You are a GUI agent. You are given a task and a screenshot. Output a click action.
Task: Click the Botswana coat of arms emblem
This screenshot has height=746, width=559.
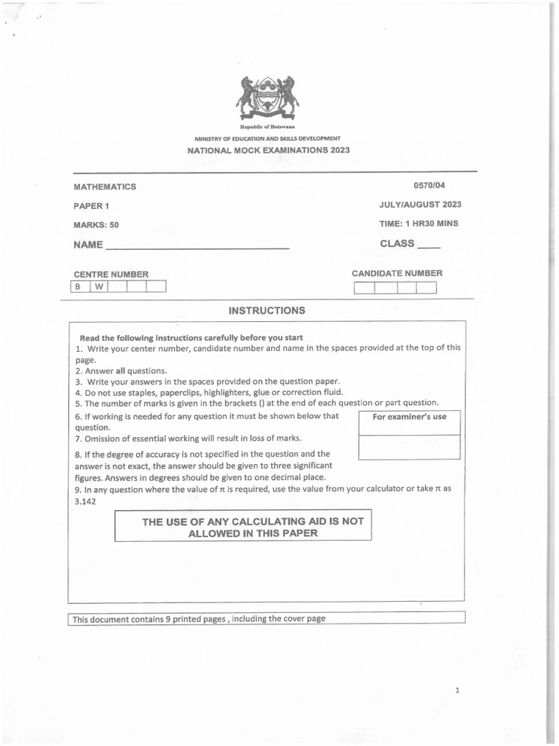pyautogui.click(x=267, y=98)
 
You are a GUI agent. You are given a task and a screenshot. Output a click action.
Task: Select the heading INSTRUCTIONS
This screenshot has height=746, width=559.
pyautogui.click(x=267, y=310)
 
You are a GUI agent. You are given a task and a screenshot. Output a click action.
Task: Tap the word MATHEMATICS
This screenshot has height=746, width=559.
pyautogui.click(x=105, y=186)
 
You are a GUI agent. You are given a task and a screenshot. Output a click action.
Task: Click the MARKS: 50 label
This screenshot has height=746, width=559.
pyautogui.click(x=96, y=225)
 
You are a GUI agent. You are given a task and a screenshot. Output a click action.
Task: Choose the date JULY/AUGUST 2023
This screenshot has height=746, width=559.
pyautogui.click(x=420, y=205)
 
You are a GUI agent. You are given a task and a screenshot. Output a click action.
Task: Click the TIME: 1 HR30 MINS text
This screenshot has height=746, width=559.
pyautogui.click(x=419, y=224)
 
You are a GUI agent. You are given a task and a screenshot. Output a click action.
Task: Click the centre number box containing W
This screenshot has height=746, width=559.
pyautogui.click(x=99, y=286)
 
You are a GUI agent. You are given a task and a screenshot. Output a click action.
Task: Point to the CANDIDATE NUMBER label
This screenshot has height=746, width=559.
pyautogui.click(x=397, y=273)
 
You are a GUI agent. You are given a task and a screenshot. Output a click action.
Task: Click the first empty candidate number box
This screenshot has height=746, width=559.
pyautogui.click(x=364, y=287)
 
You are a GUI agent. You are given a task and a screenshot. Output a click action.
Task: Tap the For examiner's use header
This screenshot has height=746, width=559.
pyautogui.click(x=409, y=417)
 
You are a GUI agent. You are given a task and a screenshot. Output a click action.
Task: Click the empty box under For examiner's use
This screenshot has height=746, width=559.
pyautogui.click(x=409, y=447)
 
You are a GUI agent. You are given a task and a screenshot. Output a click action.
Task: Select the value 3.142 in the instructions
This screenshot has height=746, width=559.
pyautogui.click(x=85, y=502)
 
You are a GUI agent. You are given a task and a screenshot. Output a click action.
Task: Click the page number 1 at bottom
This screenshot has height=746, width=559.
pyautogui.click(x=457, y=691)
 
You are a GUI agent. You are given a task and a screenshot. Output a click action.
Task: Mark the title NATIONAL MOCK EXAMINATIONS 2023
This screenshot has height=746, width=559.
pyautogui.click(x=269, y=150)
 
